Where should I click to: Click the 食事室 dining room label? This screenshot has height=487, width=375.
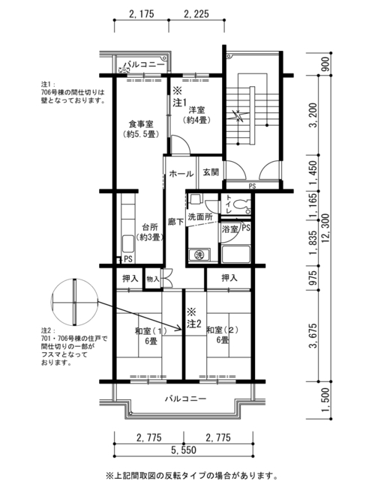click(141, 124)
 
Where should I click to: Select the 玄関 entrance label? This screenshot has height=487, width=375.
click(211, 172)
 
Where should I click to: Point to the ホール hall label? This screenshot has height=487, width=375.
click(181, 174)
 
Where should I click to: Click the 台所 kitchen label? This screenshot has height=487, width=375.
click(150, 226)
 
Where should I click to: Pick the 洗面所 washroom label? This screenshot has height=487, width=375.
click(200, 217)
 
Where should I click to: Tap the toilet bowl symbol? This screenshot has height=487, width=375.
click(241, 205)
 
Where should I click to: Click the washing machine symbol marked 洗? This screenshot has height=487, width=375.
click(199, 255)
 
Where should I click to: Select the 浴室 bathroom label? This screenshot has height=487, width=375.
click(229, 229)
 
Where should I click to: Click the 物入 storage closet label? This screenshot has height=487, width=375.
click(153, 279)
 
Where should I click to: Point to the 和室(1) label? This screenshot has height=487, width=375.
click(151, 330)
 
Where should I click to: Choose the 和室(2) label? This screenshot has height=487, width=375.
click(222, 330)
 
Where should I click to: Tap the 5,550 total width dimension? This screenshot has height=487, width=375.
click(184, 450)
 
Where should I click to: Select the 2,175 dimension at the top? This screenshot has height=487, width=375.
click(141, 14)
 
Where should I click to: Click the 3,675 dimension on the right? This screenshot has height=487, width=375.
click(313, 336)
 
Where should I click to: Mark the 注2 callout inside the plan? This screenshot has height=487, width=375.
click(194, 324)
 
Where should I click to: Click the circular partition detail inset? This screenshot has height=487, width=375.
click(75, 302)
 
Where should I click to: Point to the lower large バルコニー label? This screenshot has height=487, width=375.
click(186, 399)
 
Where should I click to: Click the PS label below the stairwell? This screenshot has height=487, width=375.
click(252, 186)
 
